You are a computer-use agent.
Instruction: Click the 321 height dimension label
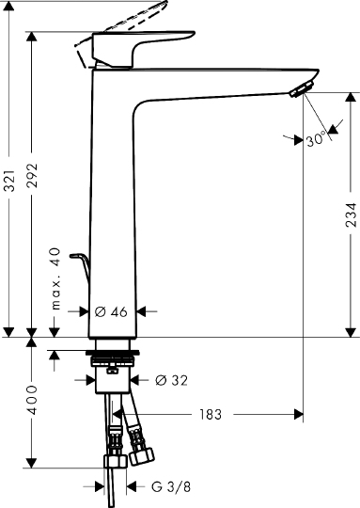[x=9, y=180]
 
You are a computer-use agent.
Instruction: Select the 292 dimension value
[x=32, y=176]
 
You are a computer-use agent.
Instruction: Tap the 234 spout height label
[x=351, y=214]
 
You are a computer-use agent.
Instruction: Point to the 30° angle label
[x=315, y=139]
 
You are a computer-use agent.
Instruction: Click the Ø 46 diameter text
[x=111, y=312]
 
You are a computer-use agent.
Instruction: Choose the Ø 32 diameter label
[x=172, y=380]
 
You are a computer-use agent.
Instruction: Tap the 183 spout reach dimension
[x=211, y=414]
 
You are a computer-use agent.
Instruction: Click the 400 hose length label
[x=32, y=400]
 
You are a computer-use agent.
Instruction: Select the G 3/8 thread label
[x=171, y=486]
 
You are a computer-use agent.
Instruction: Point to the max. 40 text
[x=55, y=278]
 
